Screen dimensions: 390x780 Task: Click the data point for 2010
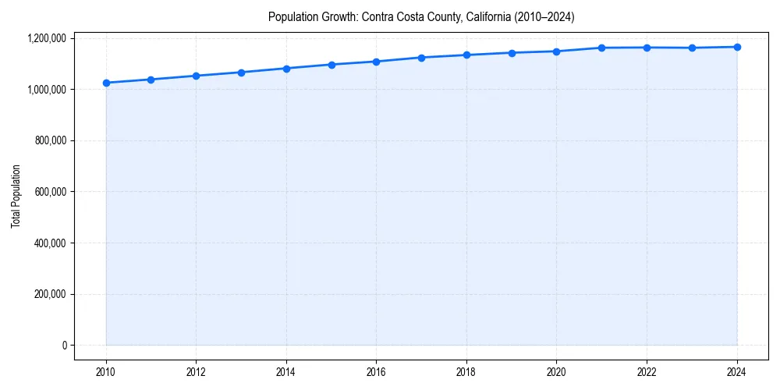tap(106, 83)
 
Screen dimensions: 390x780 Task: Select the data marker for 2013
tap(241, 73)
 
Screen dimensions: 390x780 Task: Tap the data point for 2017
tap(421, 58)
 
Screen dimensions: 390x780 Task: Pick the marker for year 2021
tap(601, 48)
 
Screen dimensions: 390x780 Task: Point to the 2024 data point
tap(737, 47)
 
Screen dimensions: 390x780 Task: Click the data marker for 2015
tap(331, 65)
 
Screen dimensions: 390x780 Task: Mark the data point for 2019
tap(512, 53)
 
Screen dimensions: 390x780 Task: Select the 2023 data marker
tap(692, 48)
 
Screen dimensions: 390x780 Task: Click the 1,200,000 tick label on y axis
tap(48, 38)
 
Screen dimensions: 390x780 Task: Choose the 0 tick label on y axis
tap(65, 346)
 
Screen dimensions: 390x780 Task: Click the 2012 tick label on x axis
tap(196, 372)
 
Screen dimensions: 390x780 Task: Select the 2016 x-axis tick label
tap(376, 372)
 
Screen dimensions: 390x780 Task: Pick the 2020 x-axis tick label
tap(556, 372)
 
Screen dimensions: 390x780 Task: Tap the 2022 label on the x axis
tap(647, 372)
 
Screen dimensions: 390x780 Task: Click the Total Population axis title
tap(16, 196)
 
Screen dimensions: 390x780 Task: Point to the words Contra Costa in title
tap(388, 16)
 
